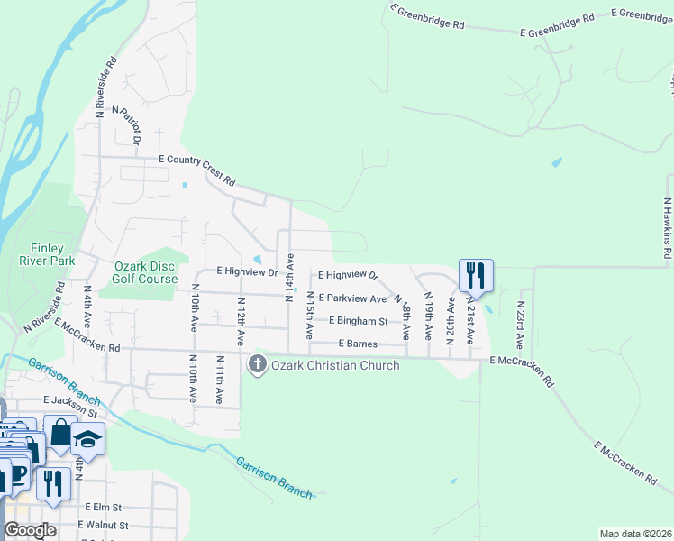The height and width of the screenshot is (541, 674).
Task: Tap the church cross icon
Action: (x=257, y=364)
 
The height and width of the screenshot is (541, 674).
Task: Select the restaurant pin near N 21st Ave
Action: (x=476, y=274)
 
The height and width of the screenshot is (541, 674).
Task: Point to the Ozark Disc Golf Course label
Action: (x=145, y=272)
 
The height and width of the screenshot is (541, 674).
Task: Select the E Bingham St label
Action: (x=358, y=320)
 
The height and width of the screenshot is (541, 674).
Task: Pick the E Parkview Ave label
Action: (x=352, y=298)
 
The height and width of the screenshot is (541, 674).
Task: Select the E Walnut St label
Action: (x=103, y=525)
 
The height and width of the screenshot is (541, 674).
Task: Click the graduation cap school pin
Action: (x=87, y=437)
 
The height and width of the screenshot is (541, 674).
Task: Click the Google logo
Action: (x=30, y=530)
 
